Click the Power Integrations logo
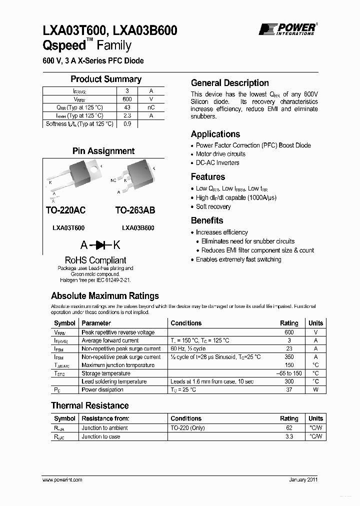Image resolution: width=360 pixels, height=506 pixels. coord(287,29)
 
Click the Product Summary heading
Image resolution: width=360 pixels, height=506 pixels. coord(106,79)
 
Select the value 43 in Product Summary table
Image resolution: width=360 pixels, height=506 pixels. coord(127,107)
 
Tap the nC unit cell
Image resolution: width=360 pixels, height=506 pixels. coord(150,107)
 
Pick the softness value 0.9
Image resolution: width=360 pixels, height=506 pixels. coord(127,124)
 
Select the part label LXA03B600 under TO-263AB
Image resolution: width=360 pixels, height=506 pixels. coord(138,228)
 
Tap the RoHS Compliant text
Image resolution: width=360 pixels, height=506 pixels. coord(95,260)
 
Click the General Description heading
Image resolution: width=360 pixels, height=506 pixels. coord(230,83)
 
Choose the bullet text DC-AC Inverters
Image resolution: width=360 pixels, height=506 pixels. coord(217,163)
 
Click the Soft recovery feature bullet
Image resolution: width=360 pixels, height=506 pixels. coord(213,206)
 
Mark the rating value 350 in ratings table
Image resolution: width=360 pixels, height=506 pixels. coord(289,357)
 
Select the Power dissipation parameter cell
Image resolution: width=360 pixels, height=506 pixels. coord(102,389)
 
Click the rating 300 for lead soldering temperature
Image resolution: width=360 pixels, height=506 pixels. coord(289,381)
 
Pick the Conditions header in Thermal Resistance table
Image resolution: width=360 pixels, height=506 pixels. coord(186,418)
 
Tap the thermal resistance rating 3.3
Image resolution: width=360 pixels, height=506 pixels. coord(289,436)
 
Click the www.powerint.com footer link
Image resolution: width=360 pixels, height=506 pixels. coord(62,479)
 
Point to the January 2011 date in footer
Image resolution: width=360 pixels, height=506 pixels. coord(303,479)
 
